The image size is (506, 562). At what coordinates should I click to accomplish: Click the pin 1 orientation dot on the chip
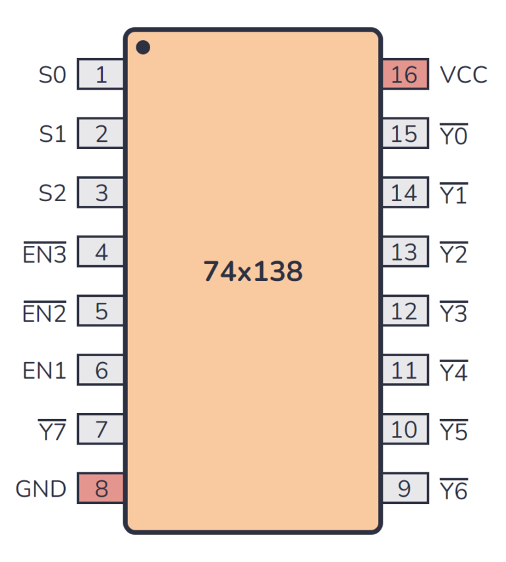tap(142, 47)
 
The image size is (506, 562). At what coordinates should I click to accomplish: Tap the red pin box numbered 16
tap(405, 75)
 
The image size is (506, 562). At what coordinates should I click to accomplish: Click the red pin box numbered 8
tap(101, 489)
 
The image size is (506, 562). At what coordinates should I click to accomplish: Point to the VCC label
tap(464, 75)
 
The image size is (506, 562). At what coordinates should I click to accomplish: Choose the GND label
tap(41, 489)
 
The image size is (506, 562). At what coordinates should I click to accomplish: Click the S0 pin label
tap(53, 75)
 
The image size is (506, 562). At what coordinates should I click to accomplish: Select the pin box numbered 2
tap(101, 134)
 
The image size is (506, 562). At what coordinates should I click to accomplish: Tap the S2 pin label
tap(53, 193)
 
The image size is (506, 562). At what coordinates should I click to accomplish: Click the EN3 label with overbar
tap(45, 253)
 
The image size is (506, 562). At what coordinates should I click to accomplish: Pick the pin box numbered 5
tap(101, 311)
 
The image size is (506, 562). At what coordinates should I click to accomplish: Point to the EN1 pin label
tap(45, 371)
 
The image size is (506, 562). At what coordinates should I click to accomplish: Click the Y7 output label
tap(53, 431)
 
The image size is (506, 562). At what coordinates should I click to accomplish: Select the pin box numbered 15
tap(405, 134)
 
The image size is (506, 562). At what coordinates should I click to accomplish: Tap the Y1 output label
tap(453, 194)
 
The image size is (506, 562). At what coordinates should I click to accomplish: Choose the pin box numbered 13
tap(405, 252)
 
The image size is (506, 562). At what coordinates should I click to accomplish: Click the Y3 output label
tap(453, 313)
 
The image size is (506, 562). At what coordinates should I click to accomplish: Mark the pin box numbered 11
tap(405, 371)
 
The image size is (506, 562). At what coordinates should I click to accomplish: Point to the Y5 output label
tap(453, 431)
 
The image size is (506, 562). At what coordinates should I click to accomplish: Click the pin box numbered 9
tap(405, 489)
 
